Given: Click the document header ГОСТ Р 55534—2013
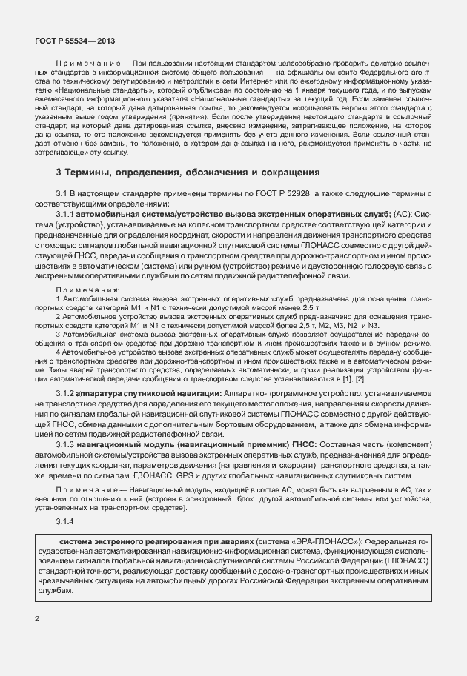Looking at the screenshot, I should tap(74, 42).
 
